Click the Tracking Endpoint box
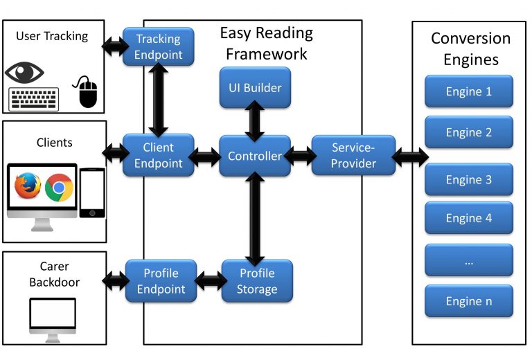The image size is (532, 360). pos(158,46)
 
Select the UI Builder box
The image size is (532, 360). pos(255,87)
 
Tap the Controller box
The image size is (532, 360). pos(255,156)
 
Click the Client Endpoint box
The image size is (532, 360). pos(158,156)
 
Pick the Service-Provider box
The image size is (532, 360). pos(353,156)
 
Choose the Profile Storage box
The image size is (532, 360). pos(256,280)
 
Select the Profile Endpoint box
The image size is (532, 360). pos(161,280)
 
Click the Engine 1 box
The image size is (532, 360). pos(468,91)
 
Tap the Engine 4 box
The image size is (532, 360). pos(468,218)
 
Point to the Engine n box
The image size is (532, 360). pos(468,302)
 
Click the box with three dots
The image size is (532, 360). pos(468,260)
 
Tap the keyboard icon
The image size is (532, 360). pos(33,98)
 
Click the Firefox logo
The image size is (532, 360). pos(28,187)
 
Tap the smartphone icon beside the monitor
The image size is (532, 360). pos(92,193)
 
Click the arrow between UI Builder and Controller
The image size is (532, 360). pos(255,122)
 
